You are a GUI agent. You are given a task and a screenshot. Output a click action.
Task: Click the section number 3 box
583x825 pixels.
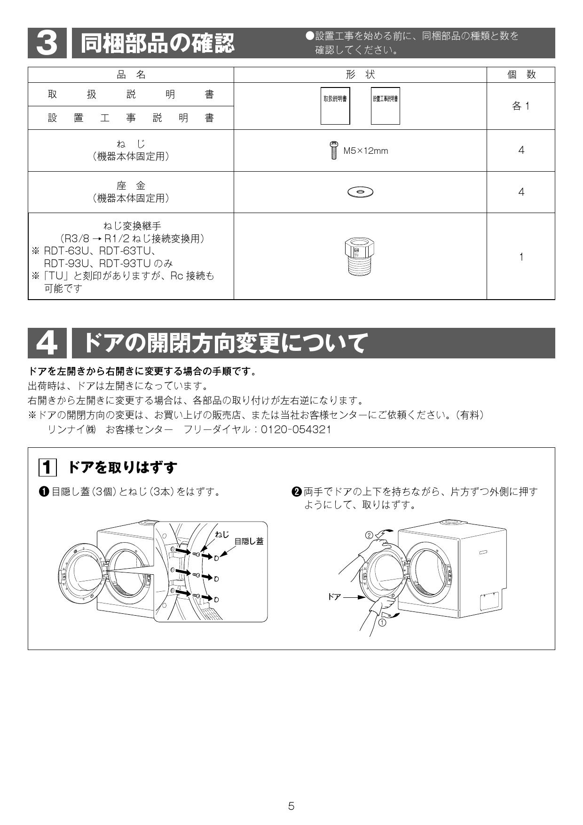47,43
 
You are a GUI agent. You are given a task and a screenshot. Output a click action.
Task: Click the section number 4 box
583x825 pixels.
47,343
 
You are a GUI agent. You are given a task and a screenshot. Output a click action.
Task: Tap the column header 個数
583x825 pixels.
521,75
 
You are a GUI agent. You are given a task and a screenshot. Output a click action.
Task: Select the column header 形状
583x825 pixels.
360,75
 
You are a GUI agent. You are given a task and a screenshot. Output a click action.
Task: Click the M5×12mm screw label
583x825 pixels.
366,151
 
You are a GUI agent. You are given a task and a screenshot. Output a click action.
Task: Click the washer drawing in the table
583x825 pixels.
360,192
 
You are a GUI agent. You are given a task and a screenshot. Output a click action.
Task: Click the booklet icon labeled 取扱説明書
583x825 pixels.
335,106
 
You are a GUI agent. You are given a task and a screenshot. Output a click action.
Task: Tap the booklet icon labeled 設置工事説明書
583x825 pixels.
385,106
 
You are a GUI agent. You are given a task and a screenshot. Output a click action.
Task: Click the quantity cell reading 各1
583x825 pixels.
521,106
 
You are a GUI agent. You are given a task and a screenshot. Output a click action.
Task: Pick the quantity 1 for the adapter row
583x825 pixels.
521,257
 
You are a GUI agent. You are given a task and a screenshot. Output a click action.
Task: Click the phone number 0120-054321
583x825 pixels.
296,429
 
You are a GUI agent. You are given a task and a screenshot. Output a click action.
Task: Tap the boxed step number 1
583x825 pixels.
47,468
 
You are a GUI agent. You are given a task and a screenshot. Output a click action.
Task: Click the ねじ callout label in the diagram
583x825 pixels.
222,534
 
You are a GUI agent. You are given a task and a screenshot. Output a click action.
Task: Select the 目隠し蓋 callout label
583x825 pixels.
249,541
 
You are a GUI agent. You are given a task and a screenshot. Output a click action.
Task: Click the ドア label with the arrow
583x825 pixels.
334,597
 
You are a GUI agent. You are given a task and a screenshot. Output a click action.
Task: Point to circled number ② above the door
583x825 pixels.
369,535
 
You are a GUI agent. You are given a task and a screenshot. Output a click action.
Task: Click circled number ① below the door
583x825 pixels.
382,622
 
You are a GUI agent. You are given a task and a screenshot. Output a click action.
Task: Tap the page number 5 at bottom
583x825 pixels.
291,806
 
